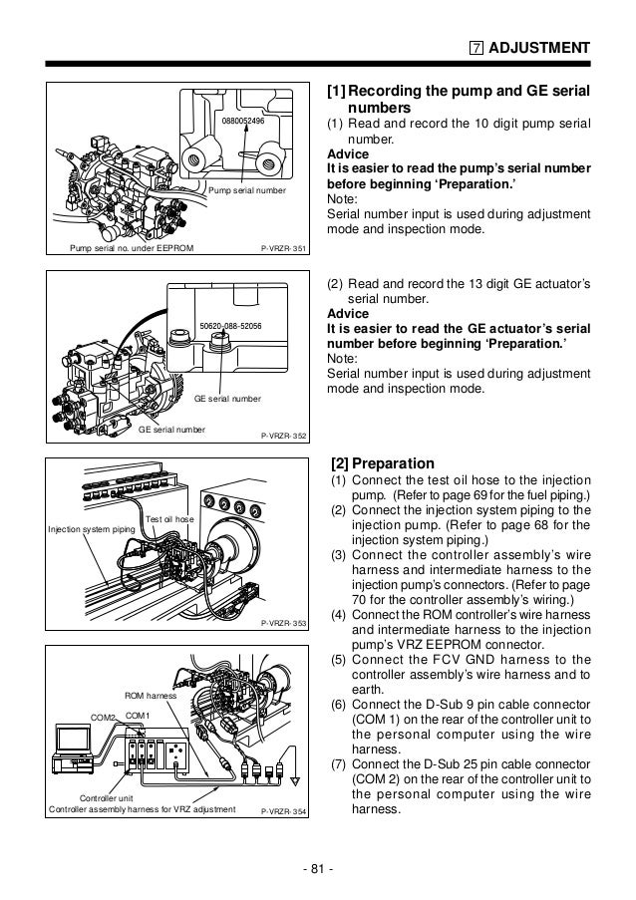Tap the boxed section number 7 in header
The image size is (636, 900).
[x=477, y=48]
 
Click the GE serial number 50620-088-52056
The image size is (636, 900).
[x=230, y=325]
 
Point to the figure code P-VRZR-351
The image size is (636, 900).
[x=283, y=249]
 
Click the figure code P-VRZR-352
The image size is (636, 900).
[x=283, y=436]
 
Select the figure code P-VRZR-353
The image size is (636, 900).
[x=283, y=622]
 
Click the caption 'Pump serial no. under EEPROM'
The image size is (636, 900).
[x=130, y=249]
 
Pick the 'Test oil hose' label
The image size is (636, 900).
[x=170, y=519]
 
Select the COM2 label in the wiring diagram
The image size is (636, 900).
[x=104, y=717]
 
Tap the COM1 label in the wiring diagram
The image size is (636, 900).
[x=138, y=715]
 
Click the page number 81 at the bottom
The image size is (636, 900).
[x=318, y=874]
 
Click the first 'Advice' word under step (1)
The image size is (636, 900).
[x=348, y=154]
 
